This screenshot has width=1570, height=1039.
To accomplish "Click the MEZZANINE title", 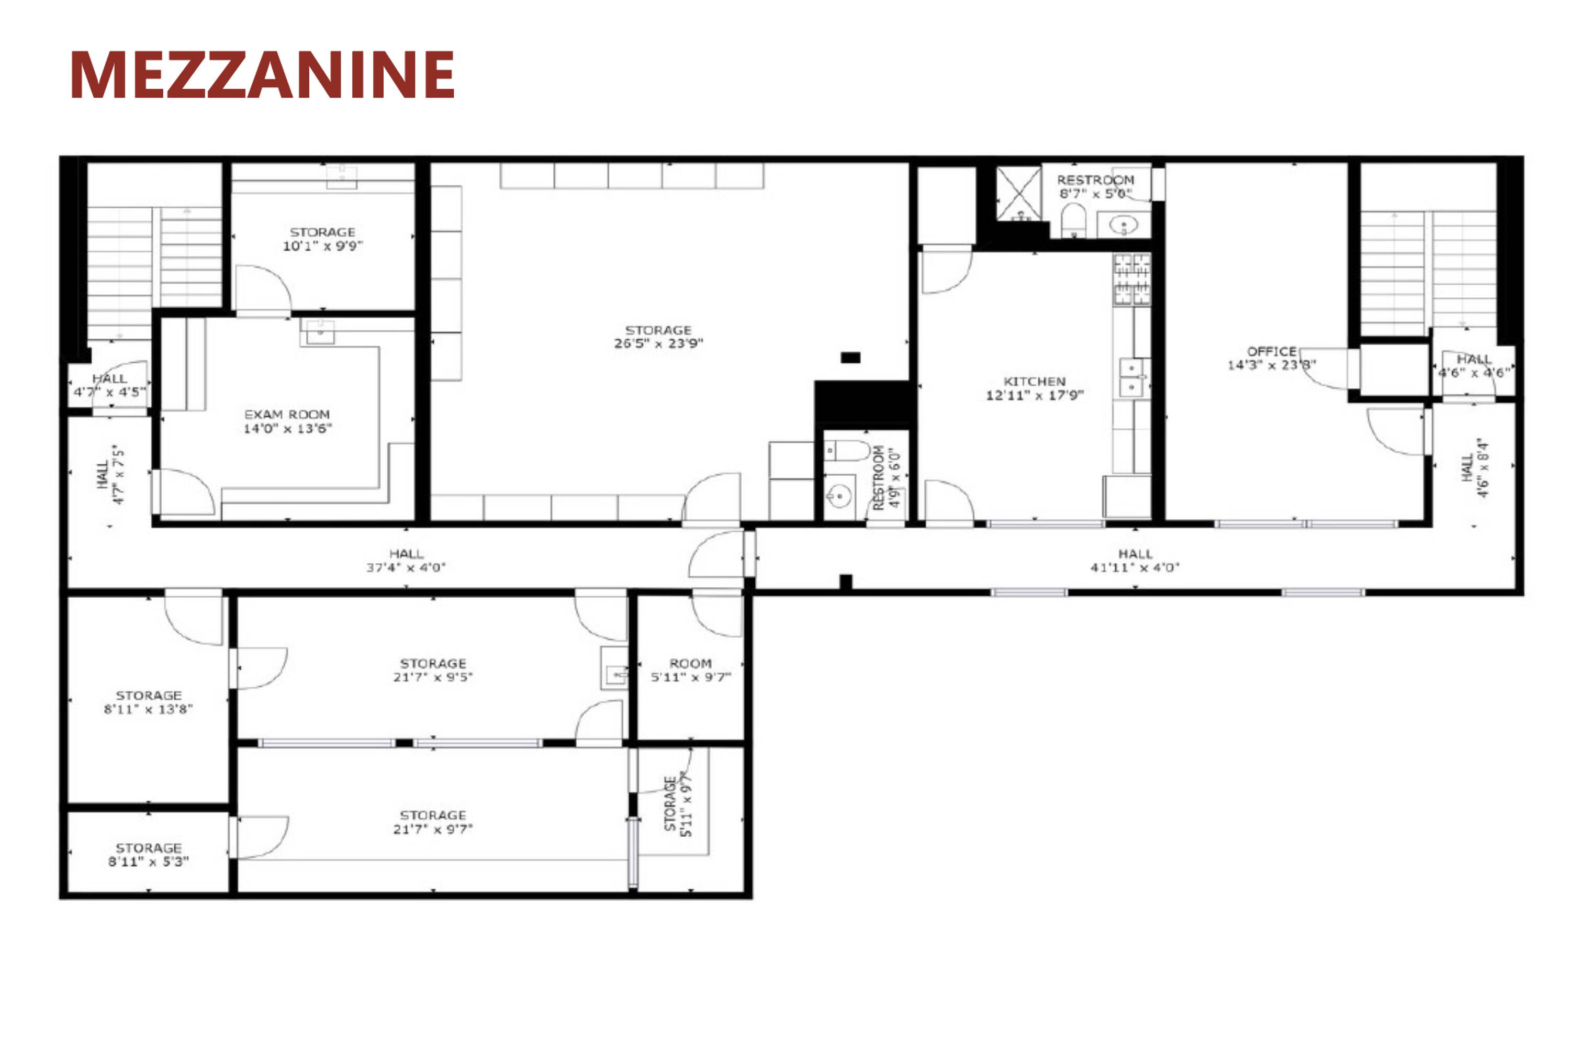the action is [x=262, y=74].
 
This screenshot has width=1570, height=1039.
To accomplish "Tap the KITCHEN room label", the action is [x=1035, y=382].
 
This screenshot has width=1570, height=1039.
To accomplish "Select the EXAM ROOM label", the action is [x=287, y=415].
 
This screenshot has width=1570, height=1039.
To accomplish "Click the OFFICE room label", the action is [x=1272, y=352].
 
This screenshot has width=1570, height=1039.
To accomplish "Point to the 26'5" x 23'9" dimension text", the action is [x=658, y=344].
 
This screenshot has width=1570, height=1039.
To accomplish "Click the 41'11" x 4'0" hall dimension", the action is [x=1136, y=568].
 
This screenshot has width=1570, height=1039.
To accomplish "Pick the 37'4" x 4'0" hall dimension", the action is [x=406, y=568].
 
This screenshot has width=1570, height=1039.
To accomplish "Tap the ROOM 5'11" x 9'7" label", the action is [x=691, y=670].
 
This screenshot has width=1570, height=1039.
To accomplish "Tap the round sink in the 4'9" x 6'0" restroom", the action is [x=839, y=495].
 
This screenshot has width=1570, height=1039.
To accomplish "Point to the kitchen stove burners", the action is [x=1132, y=280].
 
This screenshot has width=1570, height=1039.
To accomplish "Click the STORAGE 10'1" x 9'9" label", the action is [x=322, y=239].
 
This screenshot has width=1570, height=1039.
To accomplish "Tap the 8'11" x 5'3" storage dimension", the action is [x=149, y=862].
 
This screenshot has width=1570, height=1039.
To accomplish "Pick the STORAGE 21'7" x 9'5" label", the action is [x=433, y=670].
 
